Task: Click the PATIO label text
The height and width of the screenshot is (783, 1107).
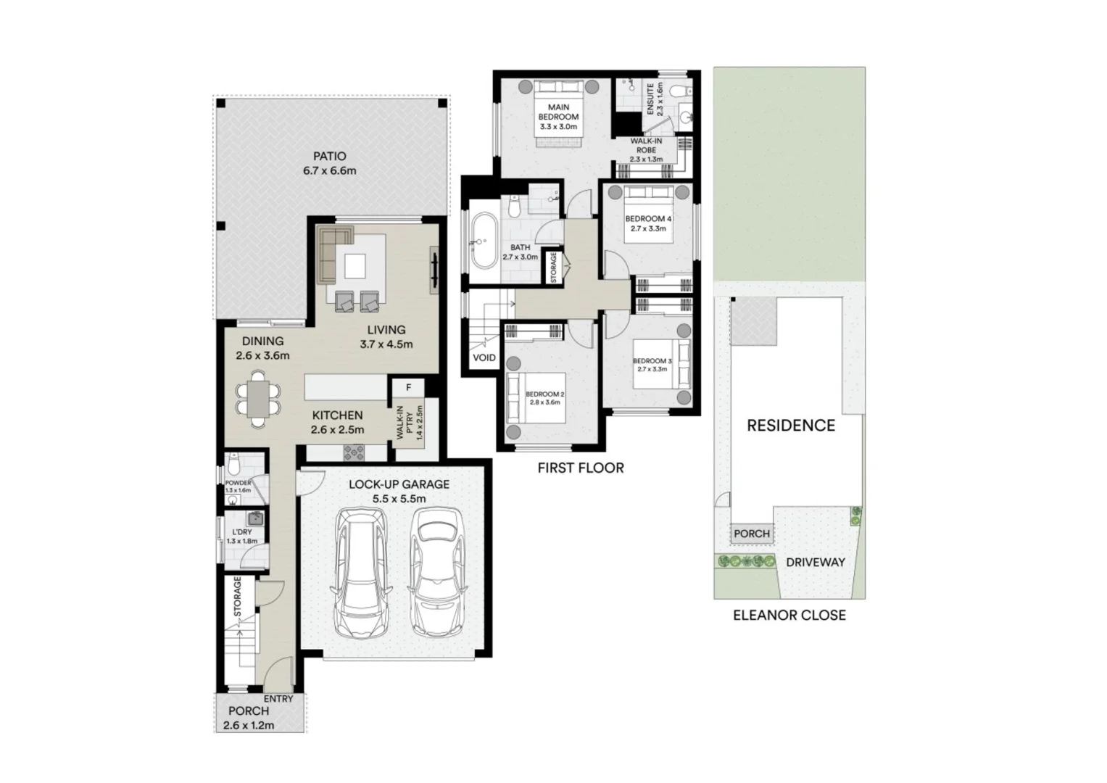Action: (329, 156)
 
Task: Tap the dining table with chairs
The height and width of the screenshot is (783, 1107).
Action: (258, 398)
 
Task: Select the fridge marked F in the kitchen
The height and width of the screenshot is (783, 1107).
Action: (408, 388)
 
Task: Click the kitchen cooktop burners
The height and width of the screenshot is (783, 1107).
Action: (355, 453)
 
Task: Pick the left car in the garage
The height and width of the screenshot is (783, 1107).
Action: (362, 573)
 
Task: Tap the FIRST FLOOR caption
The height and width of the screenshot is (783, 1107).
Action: (580, 468)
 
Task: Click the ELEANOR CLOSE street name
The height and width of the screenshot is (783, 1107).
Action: (789, 616)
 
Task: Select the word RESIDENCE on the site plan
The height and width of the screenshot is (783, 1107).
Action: (791, 426)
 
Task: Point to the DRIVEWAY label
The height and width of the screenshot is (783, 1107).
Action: (816, 562)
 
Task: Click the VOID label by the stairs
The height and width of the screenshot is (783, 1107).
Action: (484, 357)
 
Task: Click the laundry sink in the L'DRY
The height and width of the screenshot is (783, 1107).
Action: (255, 518)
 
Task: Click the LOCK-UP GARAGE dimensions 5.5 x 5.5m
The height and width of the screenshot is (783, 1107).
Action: (399, 499)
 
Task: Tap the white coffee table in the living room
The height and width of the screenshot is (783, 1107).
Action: (355, 266)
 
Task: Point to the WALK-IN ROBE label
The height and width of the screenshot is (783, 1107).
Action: (645, 150)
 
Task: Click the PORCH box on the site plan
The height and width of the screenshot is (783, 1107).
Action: (751, 534)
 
